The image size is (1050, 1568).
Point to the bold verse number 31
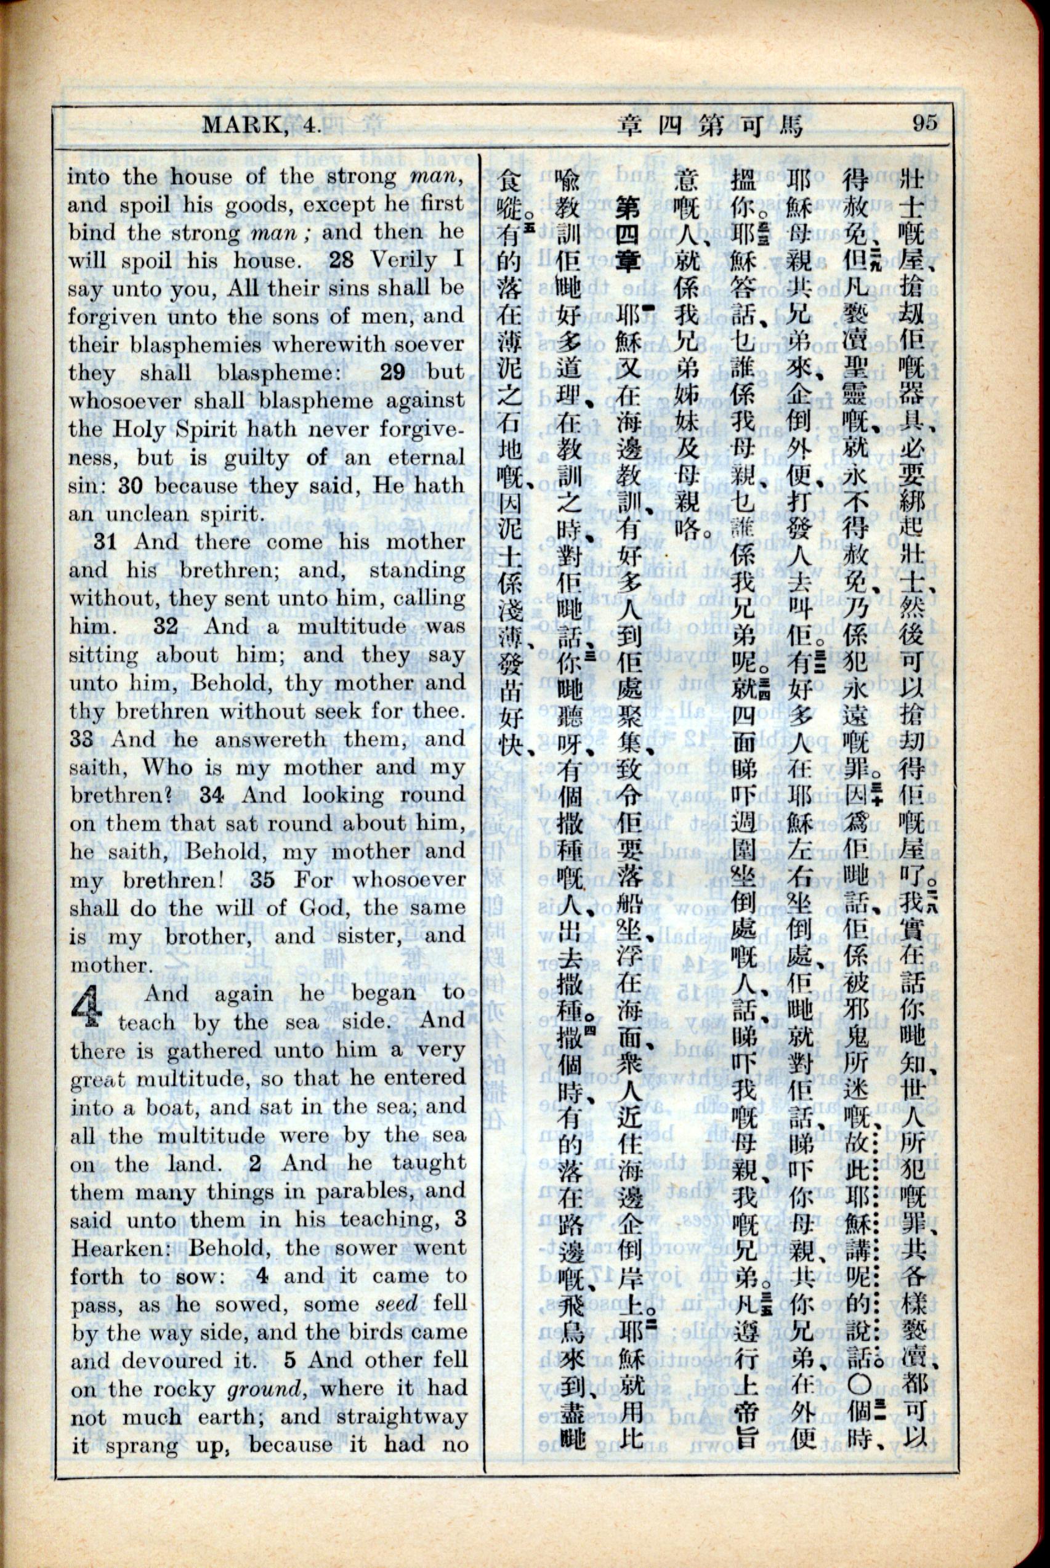click(107, 541)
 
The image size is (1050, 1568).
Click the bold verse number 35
click(262, 879)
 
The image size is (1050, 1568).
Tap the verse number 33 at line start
click(83, 739)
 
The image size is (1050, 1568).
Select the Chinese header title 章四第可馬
click(710, 124)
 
